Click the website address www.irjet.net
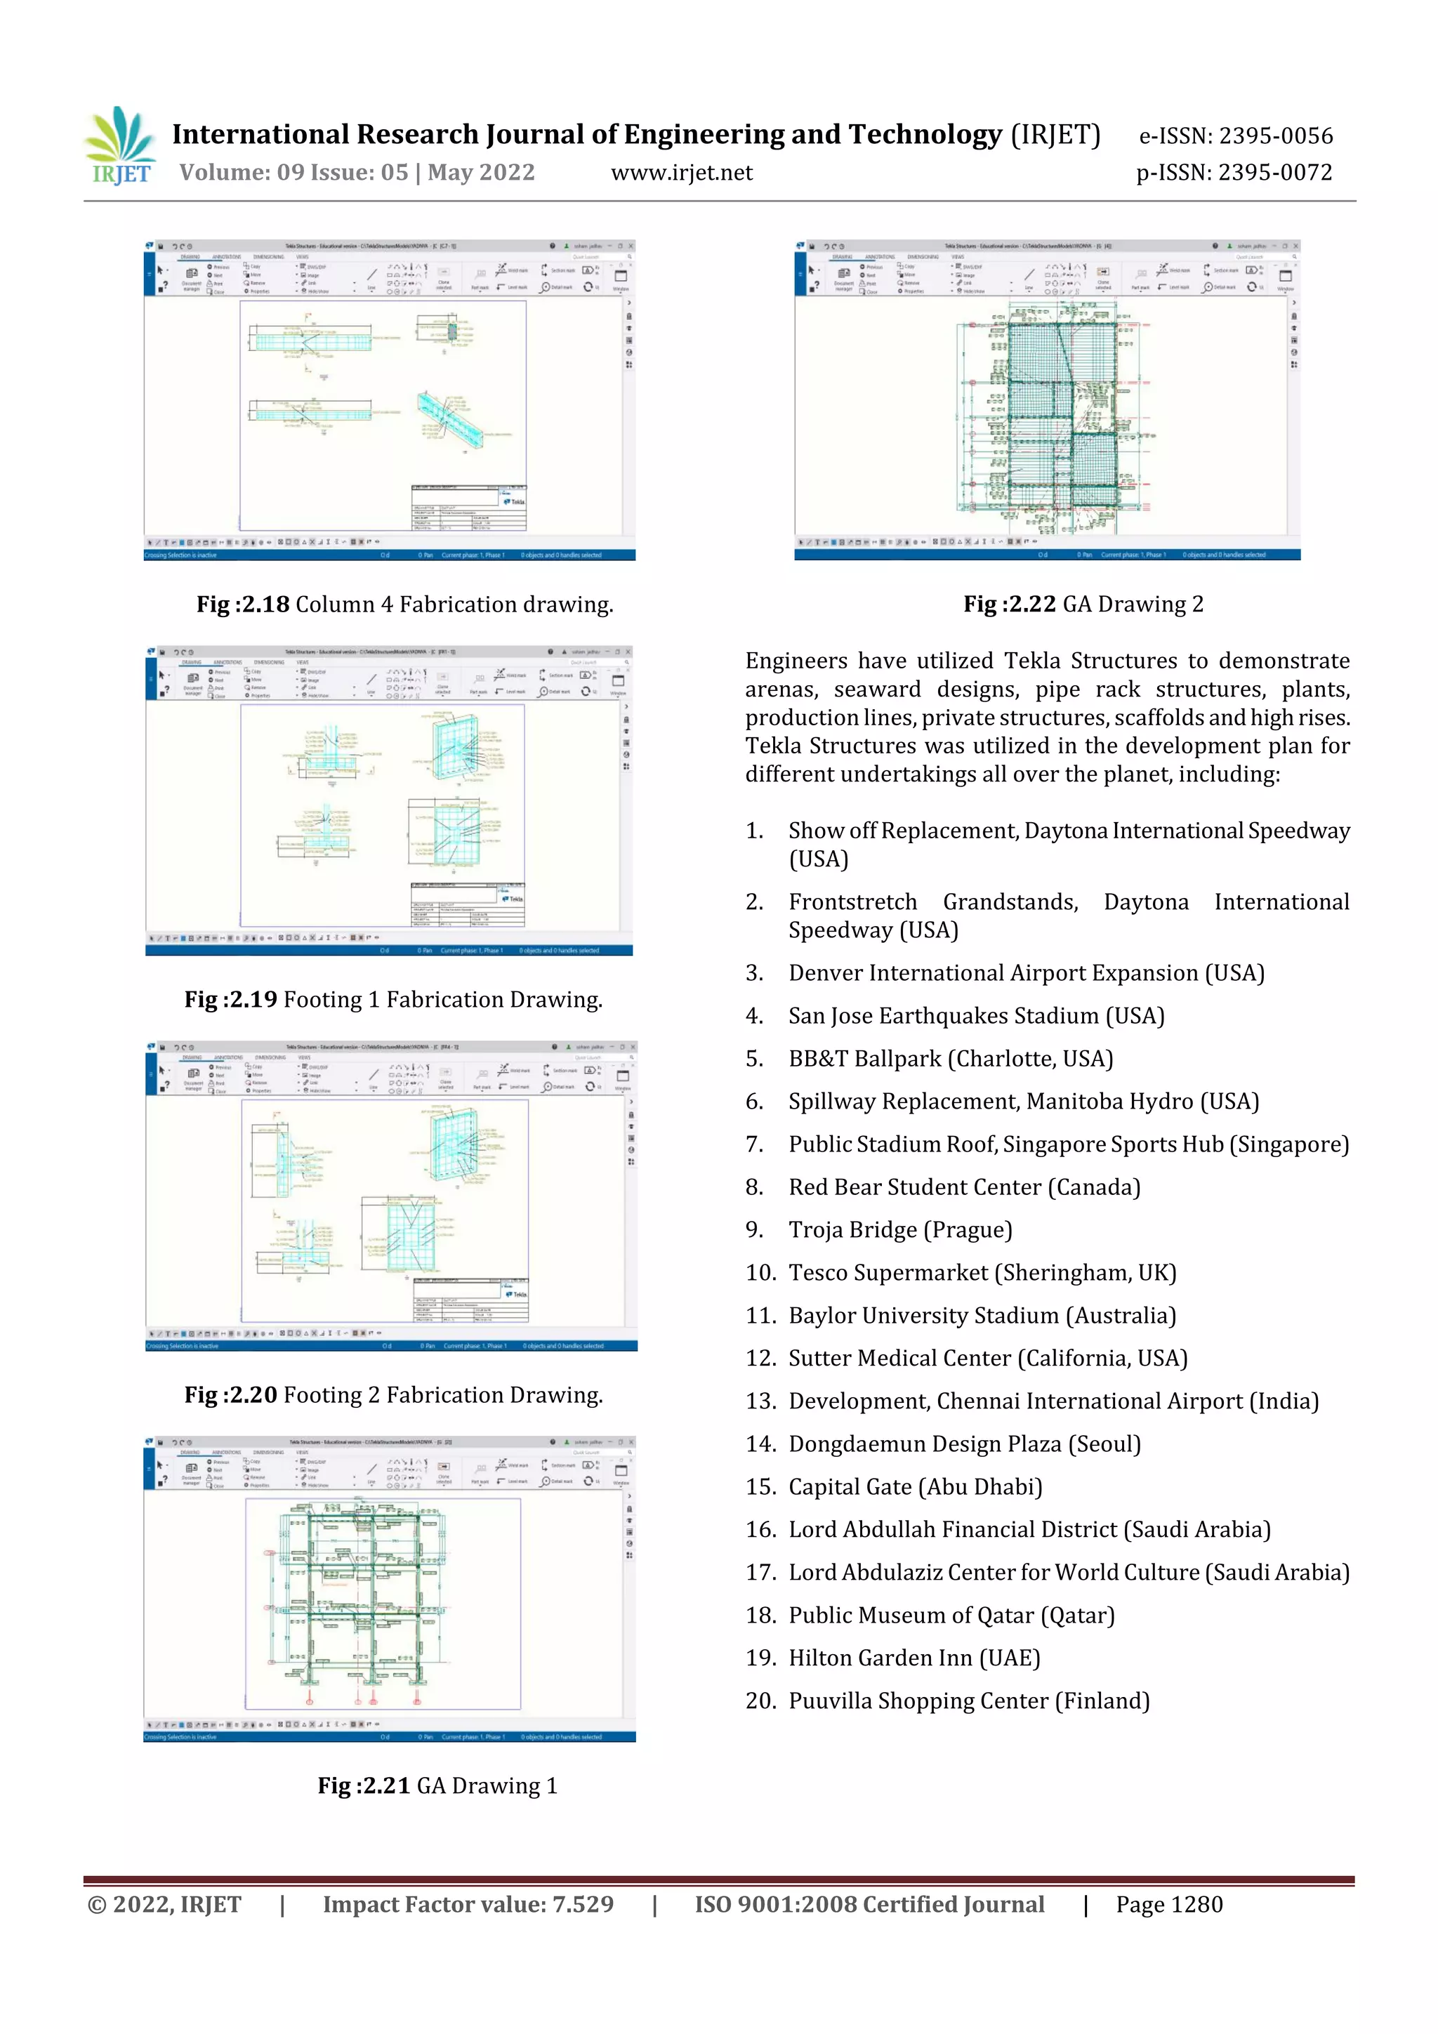click(x=681, y=173)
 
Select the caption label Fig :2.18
click(x=243, y=605)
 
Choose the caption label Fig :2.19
click(x=230, y=999)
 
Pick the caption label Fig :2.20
click(x=230, y=1394)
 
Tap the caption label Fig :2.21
click(x=364, y=1785)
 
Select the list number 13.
click(x=759, y=1401)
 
